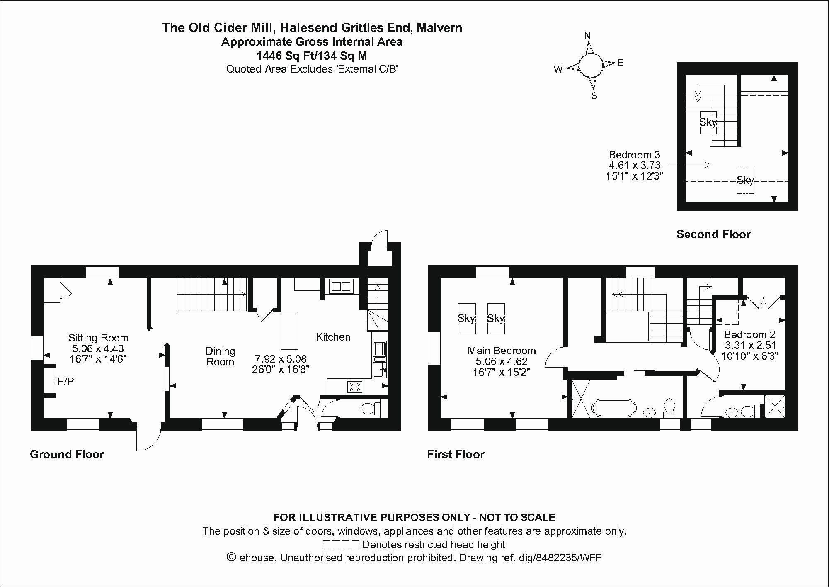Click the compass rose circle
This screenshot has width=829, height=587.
(590, 66)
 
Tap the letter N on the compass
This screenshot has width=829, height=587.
(587, 36)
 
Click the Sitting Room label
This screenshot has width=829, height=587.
(98, 338)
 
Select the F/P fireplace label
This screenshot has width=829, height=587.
(65, 381)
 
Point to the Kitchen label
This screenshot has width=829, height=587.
(333, 337)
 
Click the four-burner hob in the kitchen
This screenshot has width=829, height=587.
(354, 386)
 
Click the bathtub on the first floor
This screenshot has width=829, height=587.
(614, 409)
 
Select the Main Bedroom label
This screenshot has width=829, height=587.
(502, 351)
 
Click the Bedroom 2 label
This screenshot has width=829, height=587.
(749, 334)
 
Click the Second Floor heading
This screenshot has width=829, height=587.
(713, 234)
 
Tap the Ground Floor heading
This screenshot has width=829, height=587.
(67, 454)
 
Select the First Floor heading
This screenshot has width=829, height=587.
(456, 454)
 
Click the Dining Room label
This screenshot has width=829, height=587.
(220, 356)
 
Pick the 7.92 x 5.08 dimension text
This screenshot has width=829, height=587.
(281, 358)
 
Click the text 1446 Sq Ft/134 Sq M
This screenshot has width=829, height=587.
(311, 56)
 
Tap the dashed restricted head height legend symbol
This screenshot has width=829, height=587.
(340, 544)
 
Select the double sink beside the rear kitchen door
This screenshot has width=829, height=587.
(341, 286)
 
